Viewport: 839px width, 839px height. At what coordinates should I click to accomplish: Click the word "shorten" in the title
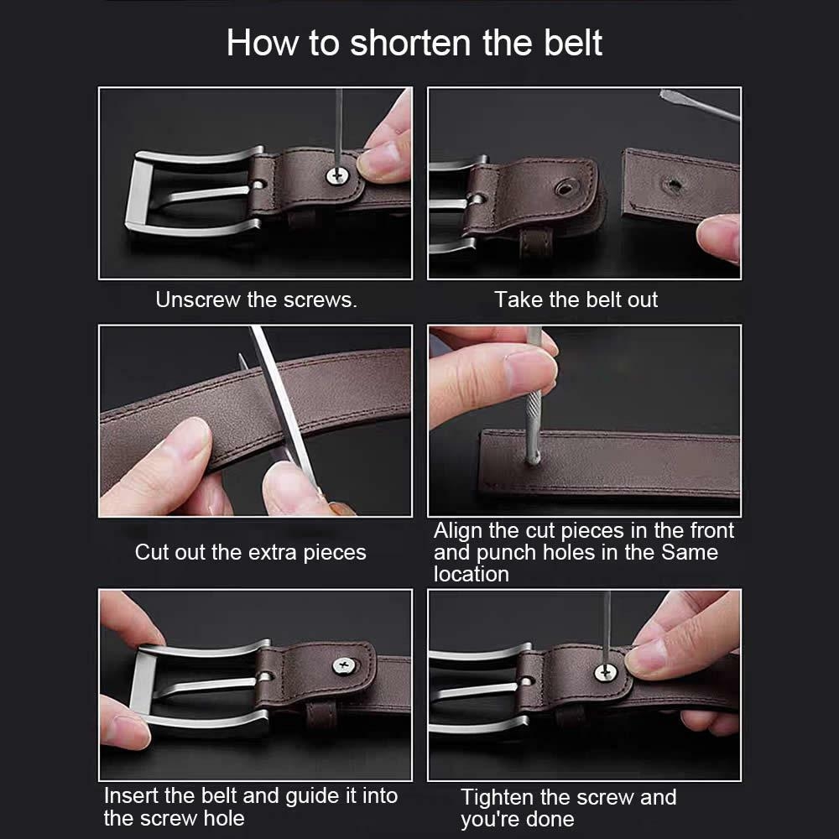tap(411, 43)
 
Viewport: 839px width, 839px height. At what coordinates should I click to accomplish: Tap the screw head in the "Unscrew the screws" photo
tap(337, 175)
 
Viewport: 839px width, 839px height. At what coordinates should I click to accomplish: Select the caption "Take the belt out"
tap(576, 300)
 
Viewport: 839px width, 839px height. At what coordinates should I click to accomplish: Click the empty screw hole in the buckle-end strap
tap(564, 188)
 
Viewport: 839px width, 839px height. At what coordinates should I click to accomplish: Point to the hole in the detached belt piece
tap(673, 185)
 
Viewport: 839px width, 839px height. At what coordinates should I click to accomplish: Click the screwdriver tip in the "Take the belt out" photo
tap(665, 94)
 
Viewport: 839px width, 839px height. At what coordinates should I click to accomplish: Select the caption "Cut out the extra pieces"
tap(250, 552)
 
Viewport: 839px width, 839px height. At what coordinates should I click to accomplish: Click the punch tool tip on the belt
tap(533, 458)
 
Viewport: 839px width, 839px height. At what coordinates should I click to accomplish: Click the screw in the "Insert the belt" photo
tap(344, 665)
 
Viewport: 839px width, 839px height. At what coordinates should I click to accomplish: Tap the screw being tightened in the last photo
tap(605, 673)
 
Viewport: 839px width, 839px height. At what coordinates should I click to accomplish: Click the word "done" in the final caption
tap(549, 819)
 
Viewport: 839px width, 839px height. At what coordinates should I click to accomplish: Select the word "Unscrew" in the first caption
tap(197, 300)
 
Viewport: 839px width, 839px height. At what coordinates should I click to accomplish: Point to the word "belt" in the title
tap(573, 43)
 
